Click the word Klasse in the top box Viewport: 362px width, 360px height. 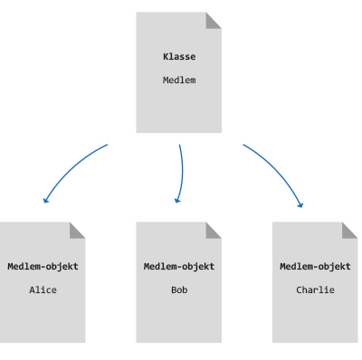click(x=179, y=57)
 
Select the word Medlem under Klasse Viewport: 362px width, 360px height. click(x=179, y=80)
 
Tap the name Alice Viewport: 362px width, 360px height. click(x=43, y=290)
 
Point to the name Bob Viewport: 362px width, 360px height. click(x=179, y=290)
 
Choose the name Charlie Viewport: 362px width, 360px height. click(x=315, y=290)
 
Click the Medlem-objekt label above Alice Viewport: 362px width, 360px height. click(x=43, y=267)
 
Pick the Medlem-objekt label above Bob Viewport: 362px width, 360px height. click(x=179, y=267)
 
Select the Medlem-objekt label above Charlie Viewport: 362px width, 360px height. click(x=315, y=267)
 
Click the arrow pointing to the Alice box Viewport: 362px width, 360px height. click(x=72, y=167)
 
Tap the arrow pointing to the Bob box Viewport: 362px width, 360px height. click(x=181, y=172)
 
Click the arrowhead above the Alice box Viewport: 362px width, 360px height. click(x=45, y=200)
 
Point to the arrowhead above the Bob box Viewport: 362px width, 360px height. click(x=177, y=200)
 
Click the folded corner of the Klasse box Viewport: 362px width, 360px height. click(x=214, y=19)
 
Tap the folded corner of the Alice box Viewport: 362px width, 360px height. click(x=79, y=229)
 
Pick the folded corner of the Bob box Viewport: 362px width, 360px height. click(x=214, y=229)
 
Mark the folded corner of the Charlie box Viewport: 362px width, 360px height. click(x=350, y=229)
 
